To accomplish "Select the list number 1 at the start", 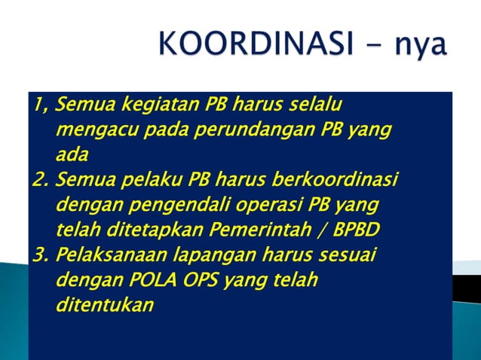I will point(37,103).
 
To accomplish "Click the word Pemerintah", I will point(261,230).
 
